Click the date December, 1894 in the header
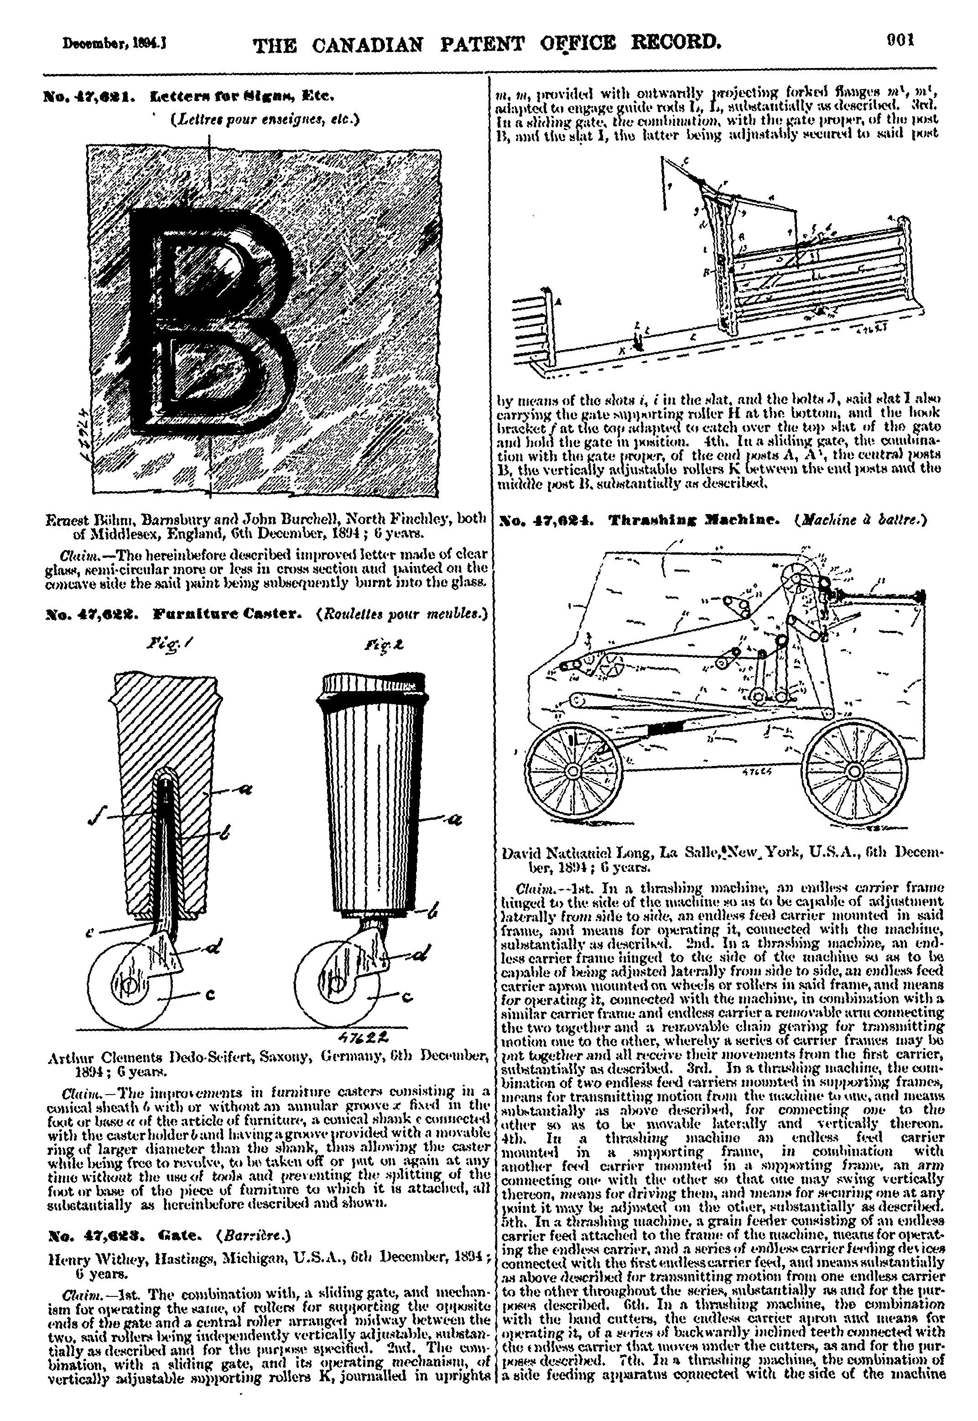point(115,45)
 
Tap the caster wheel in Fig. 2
point(335,985)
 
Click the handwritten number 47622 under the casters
point(365,1037)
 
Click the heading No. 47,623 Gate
point(116,1232)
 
